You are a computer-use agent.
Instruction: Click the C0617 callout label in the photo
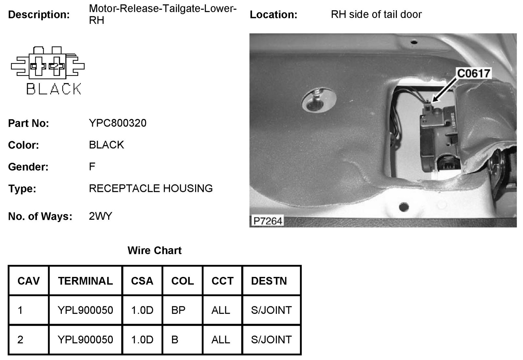(x=474, y=73)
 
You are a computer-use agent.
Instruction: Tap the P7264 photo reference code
(x=267, y=221)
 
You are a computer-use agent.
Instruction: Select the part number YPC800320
(x=118, y=123)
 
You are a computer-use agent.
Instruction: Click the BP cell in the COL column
(x=178, y=310)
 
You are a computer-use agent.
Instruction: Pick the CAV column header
(x=29, y=281)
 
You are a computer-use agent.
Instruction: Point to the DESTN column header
(x=269, y=281)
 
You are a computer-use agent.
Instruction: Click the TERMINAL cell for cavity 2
(x=85, y=339)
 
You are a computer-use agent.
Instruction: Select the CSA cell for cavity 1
(x=142, y=310)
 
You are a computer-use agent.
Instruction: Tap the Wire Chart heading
(x=154, y=250)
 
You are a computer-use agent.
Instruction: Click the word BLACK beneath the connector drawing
(x=54, y=89)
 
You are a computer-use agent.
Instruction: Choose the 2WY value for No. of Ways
(x=100, y=216)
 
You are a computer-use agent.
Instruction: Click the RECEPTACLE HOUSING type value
(x=151, y=188)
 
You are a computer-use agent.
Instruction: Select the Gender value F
(x=92, y=166)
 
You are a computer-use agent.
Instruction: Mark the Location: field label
(x=274, y=15)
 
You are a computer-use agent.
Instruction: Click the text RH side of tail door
(x=376, y=14)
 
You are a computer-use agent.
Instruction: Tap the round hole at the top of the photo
(x=414, y=43)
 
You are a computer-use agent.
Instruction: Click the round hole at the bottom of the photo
(x=404, y=207)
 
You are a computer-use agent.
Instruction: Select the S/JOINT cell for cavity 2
(x=271, y=339)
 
